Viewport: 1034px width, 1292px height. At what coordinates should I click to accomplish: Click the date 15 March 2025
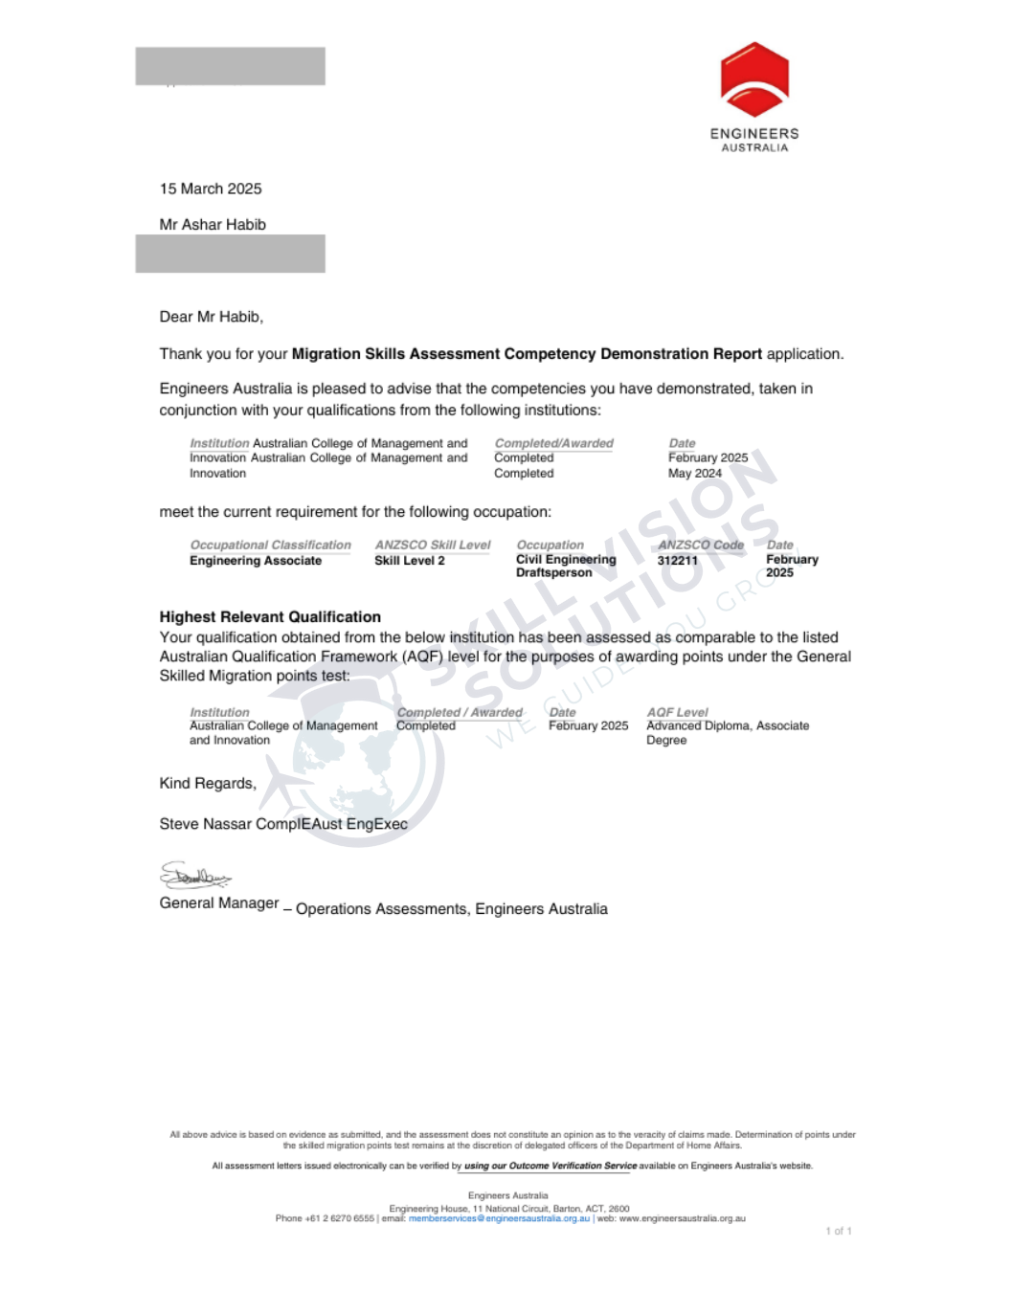(x=211, y=189)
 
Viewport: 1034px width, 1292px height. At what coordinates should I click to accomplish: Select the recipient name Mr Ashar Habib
(x=213, y=224)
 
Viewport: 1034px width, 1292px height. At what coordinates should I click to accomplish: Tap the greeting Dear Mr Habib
(x=211, y=317)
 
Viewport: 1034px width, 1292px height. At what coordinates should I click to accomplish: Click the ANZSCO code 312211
(x=677, y=561)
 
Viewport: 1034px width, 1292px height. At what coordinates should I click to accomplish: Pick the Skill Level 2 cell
(x=409, y=561)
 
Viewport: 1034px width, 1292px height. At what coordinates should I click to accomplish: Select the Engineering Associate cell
(x=255, y=561)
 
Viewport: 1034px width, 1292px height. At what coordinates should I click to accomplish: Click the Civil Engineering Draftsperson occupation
(x=565, y=566)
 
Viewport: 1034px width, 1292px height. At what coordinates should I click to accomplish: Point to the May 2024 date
(x=694, y=473)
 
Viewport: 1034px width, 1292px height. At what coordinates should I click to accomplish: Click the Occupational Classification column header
(x=270, y=545)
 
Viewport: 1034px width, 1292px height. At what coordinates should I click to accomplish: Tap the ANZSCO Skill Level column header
(x=432, y=545)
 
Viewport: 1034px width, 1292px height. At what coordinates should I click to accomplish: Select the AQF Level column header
(x=677, y=712)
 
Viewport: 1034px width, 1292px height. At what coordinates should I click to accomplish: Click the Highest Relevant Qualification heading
(x=270, y=617)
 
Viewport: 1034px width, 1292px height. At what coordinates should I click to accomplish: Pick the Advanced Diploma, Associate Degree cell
(x=727, y=732)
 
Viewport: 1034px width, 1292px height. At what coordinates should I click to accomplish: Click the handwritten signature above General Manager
(x=194, y=875)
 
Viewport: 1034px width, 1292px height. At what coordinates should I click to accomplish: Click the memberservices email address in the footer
(x=499, y=1218)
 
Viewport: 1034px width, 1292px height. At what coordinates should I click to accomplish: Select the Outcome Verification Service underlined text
(x=550, y=1166)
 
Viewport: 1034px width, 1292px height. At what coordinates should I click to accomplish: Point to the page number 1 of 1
(x=838, y=1231)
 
